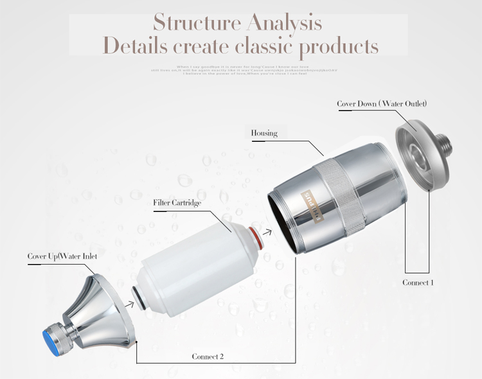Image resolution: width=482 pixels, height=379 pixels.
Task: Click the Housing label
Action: pos(264,134)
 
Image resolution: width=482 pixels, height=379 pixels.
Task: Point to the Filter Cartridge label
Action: pos(177,203)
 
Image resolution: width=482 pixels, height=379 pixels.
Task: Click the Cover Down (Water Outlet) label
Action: pos(382,103)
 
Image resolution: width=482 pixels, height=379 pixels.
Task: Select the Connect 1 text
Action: pos(418,283)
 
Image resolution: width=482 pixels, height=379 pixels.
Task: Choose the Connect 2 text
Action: pos(208,356)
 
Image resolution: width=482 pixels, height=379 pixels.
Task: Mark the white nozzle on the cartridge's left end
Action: pos(137,296)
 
